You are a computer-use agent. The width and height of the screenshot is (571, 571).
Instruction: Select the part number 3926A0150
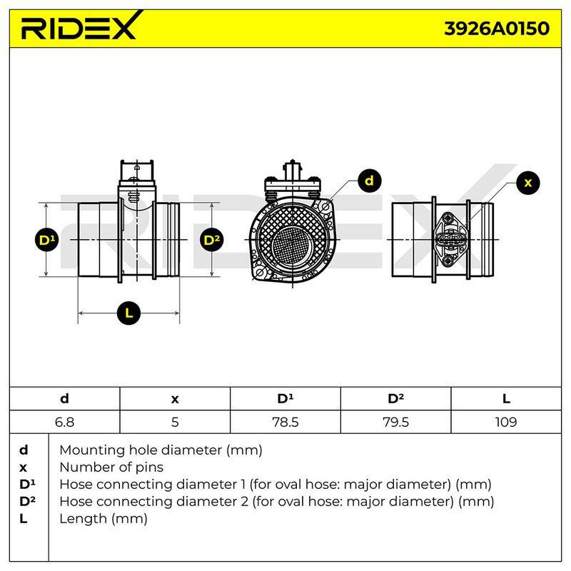(x=497, y=29)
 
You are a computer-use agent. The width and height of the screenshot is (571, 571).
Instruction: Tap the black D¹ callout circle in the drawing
(x=46, y=240)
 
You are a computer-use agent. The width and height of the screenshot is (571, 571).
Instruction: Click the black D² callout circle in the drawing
(x=212, y=240)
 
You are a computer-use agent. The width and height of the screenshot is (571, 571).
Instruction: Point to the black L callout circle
(x=129, y=313)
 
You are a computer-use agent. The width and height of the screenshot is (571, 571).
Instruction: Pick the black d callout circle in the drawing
(x=369, y=181)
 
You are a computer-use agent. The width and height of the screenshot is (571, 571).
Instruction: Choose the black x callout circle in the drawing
(x=528, y=183)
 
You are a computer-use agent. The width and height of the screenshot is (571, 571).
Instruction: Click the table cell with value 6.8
(x=64, y=422)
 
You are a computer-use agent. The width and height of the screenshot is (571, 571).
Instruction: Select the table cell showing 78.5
(x=285, y=422)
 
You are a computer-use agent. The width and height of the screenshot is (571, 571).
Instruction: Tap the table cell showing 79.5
(x=396, y=422)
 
